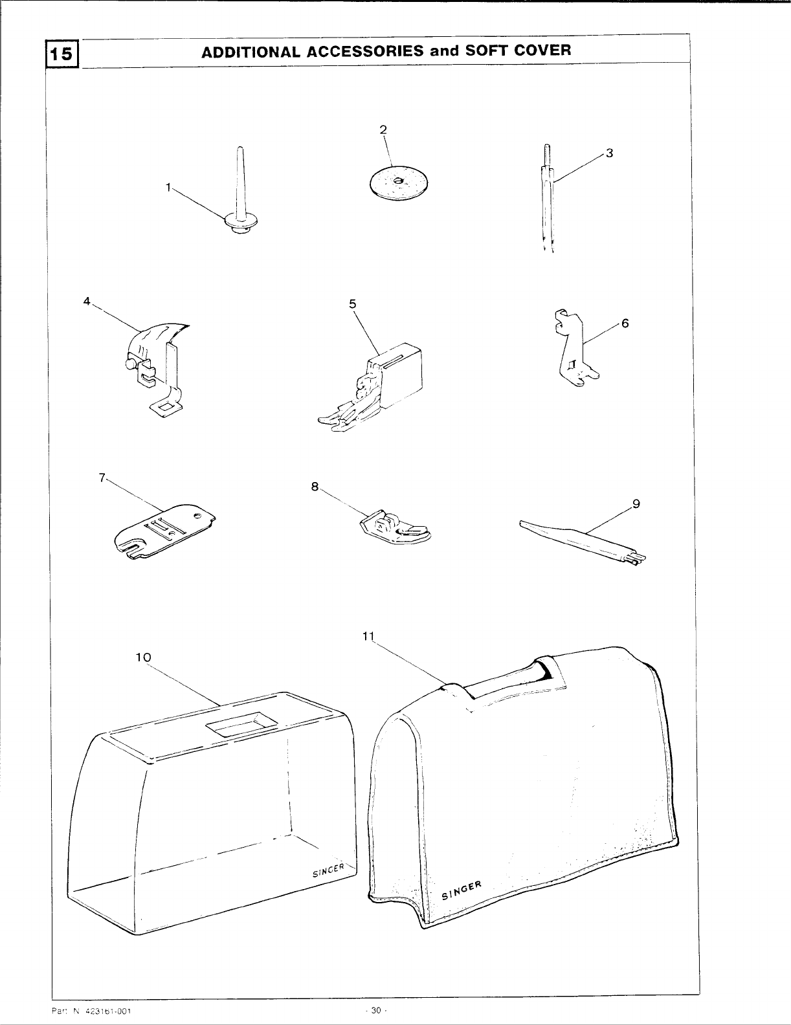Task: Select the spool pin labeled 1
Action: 240,194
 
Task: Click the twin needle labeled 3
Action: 548,201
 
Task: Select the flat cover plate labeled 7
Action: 165,531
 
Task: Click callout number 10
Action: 143,657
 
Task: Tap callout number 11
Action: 369,635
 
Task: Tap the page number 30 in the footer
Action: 375,1011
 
